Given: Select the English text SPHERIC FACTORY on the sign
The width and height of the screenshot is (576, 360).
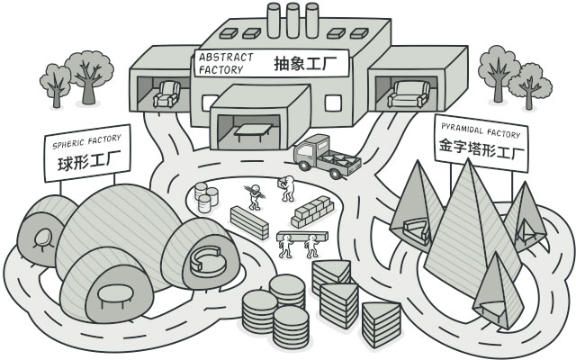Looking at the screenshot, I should tap(86, 141).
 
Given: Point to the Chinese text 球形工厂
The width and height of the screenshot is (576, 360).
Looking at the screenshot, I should tap(88, 162).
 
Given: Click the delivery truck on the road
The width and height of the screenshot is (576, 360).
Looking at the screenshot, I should tap(328, 154).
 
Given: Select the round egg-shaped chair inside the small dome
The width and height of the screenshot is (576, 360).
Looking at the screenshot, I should tap(42, 238).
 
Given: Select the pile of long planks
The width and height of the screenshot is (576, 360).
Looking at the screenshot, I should tap(249, 220).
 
